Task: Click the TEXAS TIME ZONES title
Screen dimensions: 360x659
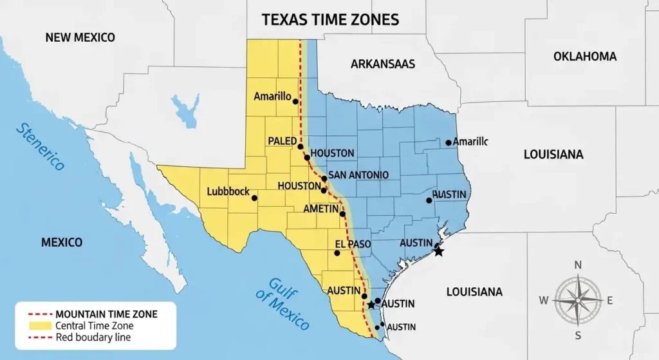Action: click(x=330, y=19)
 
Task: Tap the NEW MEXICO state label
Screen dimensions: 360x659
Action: click(x=80, y=37)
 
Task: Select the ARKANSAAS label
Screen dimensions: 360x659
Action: click(x=382, y=64)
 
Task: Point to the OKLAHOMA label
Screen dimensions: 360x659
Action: click(x=584, y=57)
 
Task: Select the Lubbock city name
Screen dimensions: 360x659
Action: click(x=228, y=191)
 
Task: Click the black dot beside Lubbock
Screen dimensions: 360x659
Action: click(x=254, y=198)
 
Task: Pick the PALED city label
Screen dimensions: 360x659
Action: click(x=283, y=141)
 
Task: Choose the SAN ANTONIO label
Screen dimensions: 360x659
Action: click(x=358, y=175)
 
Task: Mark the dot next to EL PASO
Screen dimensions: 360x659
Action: click(x=337, y=253)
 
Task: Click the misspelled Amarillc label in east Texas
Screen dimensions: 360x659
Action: click(x=470, y=141)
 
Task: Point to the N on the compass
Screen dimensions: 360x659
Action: click(x=577, y=265)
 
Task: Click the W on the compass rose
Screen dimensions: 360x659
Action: click(x=543, y=300)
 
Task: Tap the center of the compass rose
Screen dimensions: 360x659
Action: click(x=577, y=300)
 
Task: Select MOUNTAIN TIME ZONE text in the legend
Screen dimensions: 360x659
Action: click(x=106, y=314)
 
